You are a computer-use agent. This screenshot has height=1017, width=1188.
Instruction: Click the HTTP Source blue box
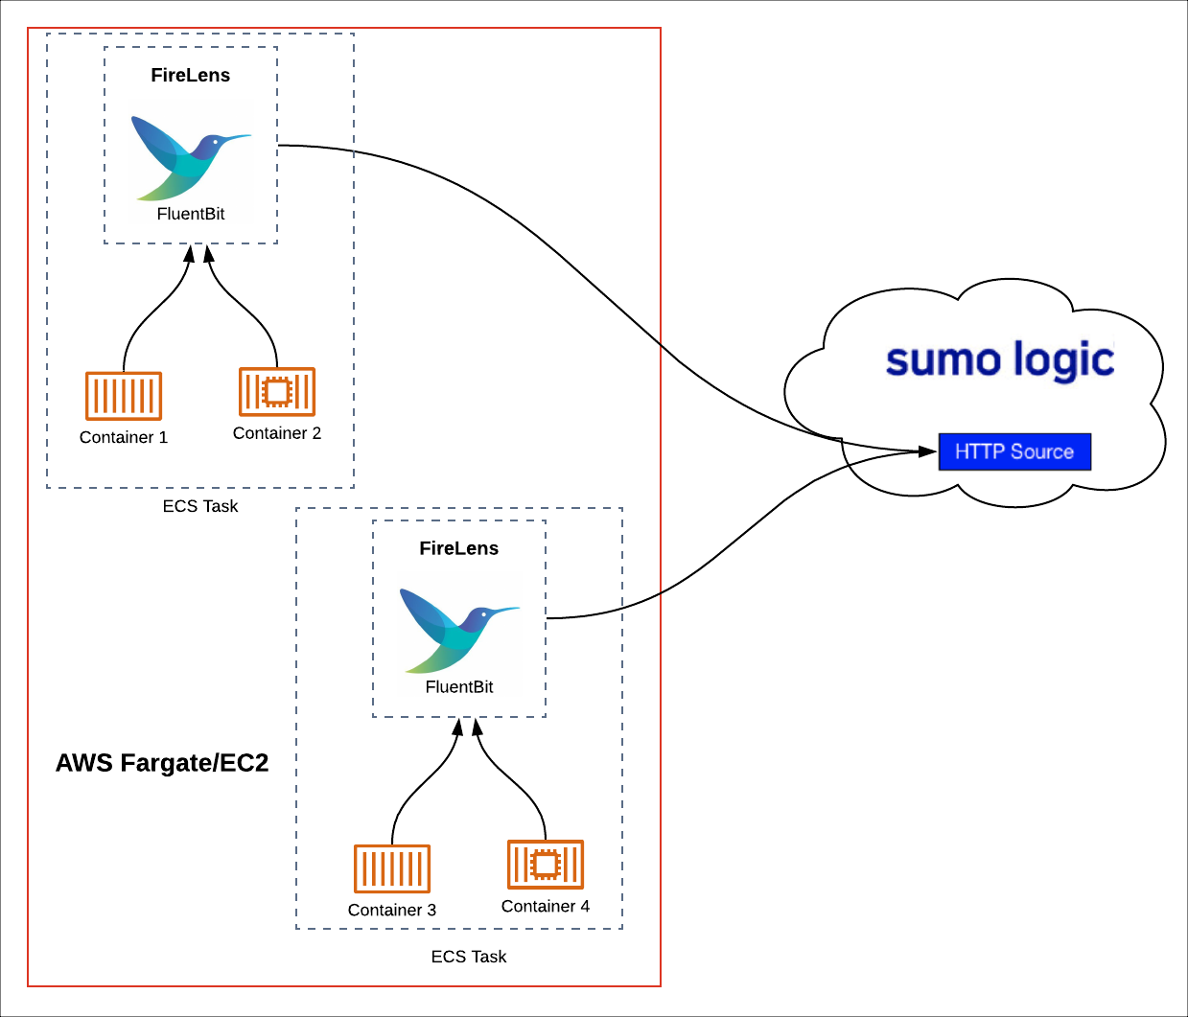point(1014,451)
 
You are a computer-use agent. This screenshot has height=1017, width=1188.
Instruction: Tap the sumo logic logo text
point(999,359)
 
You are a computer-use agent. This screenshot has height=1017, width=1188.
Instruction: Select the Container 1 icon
point(124,396)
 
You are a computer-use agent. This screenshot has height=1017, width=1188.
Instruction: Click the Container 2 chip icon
point(277,391)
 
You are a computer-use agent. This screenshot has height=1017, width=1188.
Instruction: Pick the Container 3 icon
point(392,868)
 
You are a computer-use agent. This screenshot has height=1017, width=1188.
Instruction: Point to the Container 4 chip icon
point(546,865)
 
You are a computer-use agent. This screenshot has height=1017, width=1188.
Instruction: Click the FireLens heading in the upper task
point(191,76)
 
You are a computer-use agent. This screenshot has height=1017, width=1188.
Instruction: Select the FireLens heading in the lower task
point(459,548)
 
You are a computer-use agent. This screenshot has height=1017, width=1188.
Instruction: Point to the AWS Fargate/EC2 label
point(162,763)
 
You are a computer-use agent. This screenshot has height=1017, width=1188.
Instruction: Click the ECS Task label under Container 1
point(200,506)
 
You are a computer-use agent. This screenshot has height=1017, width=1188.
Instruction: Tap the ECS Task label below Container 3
point(469,957)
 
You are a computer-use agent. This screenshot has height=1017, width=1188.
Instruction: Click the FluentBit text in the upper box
point(191,214)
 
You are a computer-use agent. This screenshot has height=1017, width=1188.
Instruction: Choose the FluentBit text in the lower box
point(459,687)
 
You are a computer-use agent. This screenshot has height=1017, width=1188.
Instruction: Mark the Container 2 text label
point(277,433)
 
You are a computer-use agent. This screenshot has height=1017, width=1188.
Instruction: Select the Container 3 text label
point(392,911)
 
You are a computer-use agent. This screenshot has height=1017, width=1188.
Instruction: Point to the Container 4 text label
point(546,907)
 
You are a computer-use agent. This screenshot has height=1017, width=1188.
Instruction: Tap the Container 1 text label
point(124,438)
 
